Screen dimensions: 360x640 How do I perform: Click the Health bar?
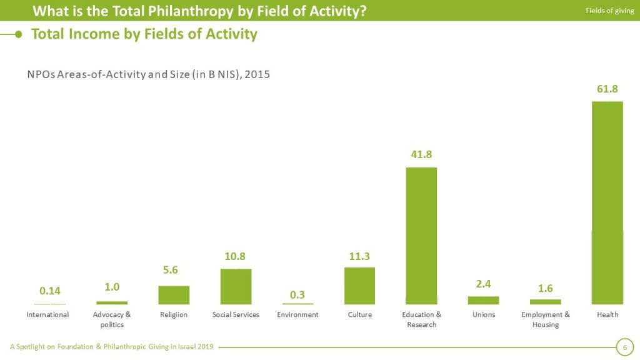(607, 202)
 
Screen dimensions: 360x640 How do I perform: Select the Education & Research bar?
(421, 236)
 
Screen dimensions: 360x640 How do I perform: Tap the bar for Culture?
(359, 286)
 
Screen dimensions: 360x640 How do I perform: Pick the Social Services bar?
(236, 286)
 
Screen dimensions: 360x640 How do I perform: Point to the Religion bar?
(174, 295)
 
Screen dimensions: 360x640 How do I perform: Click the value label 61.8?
(607, 89)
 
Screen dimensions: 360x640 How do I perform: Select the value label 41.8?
(421, 154)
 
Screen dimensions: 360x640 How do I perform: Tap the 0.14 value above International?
(50, 291)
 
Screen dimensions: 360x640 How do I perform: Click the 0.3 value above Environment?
(297, 294)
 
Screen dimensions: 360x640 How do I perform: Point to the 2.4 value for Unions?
(483, 284)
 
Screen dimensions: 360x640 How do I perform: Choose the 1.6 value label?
(545, 288)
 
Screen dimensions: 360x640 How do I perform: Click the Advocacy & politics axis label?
(112, 319)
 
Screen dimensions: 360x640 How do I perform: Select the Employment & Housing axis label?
(545, 319)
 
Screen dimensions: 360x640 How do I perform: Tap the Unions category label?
(484, 314)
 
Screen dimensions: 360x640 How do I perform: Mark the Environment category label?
(297, 314)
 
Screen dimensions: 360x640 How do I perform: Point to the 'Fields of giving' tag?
(609, 11)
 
